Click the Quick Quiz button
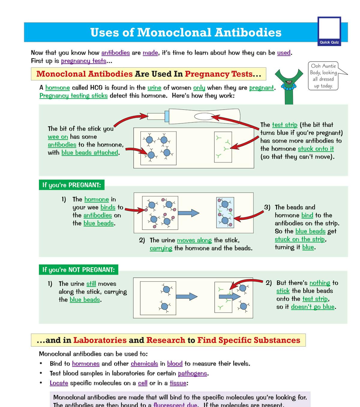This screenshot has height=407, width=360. [x=329, y=31]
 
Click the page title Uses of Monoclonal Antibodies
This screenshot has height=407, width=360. [x=186, y=32]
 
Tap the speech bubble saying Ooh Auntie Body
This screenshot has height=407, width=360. [x=323, y=76]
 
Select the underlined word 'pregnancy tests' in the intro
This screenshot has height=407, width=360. [x=84, y=61]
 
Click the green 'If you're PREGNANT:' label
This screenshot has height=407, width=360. [x=71, y=185]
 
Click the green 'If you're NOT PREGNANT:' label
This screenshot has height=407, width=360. [x=78, y=270]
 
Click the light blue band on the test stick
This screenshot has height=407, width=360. [x=167, y=116]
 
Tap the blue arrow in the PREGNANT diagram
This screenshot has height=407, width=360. [x=188, y=213]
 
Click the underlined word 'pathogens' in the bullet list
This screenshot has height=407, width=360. [x=192, y=373]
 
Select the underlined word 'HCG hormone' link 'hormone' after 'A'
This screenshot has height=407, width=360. [x=58, y=88]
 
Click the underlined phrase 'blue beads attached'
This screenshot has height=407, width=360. [x=90, y=153]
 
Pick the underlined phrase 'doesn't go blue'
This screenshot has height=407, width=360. [x=313, y=307]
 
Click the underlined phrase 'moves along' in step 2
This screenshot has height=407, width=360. [x=194, y=240]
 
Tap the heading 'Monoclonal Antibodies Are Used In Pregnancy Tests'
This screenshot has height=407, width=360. [x=148, y=74]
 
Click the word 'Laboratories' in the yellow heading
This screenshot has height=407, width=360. [x=100, y=340]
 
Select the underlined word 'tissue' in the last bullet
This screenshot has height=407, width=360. [x=178, y=383]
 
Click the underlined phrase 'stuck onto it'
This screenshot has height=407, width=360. [x=316, y=149]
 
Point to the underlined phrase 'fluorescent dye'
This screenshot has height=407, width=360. [x=175, y=405]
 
